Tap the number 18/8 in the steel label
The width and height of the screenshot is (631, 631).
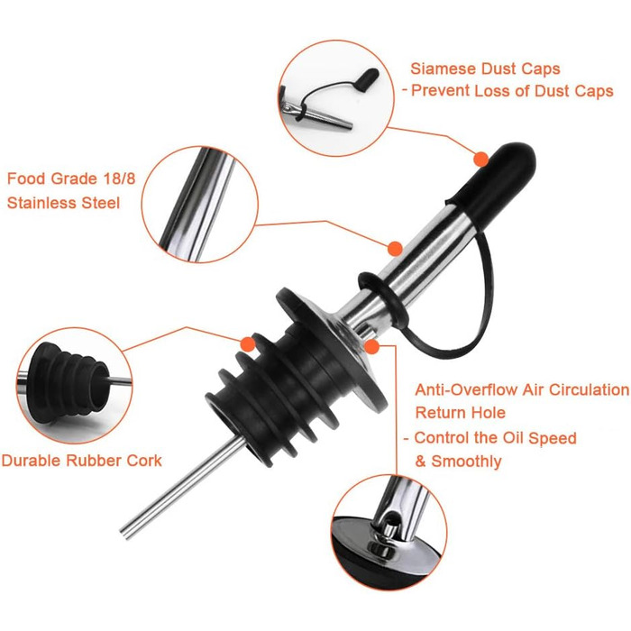[119, 178]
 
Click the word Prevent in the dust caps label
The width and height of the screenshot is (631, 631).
[440, 91]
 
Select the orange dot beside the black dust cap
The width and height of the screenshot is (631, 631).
[480, 159]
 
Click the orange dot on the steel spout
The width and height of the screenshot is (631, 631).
[396, 248]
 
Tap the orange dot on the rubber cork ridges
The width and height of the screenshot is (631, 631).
[248, 344]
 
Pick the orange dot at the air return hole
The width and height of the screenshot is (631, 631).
[371, 346]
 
